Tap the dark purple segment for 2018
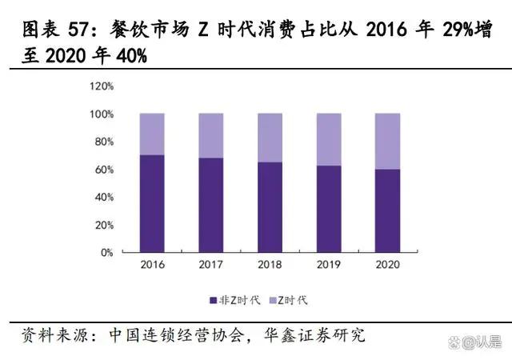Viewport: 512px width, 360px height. (x=270, y=207)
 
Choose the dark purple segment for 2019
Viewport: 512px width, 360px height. (x=329, y=209)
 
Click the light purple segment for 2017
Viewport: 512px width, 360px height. (x=211, y=135)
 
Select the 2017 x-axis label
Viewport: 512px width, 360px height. (x=211, y=264)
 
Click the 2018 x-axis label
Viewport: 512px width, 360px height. (x=270, y=264)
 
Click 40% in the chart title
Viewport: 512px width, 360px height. (x=132, y=58)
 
